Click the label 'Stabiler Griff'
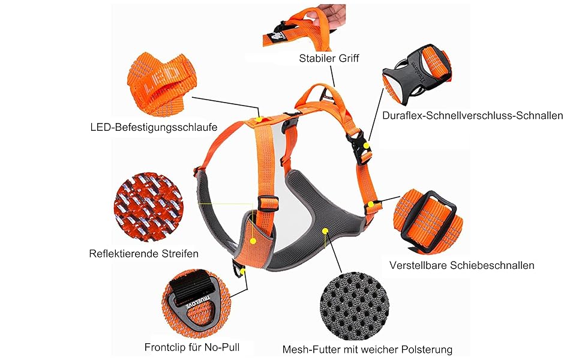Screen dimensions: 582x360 (329, 58)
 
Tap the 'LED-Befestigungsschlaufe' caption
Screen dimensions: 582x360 (154, 127)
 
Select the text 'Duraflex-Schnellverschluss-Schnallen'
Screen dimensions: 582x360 (473, 115)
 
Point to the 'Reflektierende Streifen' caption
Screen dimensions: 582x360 (143, 253)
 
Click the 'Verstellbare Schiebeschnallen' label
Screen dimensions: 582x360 (462, 265)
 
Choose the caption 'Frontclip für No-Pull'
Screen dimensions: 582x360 (192, 347)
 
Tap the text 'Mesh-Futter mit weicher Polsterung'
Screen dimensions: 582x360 (367, 350)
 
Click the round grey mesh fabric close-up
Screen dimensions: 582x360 (355, 306)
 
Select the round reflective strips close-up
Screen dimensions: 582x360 (148, 207)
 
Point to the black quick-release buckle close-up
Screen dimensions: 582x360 (416, 74)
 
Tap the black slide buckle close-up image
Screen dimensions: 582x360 (428, 222)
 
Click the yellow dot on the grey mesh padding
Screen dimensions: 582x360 (325, 231)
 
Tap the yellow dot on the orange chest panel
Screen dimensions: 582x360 (253, 241)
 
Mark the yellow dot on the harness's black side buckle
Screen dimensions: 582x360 (367, 145)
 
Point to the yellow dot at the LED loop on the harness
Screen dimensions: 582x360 (259, 119)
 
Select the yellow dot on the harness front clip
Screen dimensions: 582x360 (242, 271)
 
